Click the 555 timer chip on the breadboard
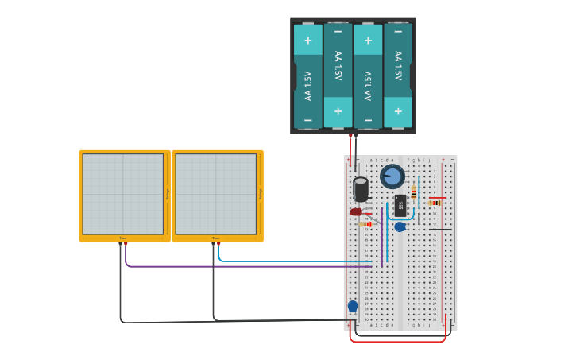400,205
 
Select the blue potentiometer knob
392,176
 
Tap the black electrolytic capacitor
361,189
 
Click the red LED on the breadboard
356,211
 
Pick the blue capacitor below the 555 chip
400,227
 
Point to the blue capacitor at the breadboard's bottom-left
353,306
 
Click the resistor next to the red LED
366,224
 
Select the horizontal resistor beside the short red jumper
434,203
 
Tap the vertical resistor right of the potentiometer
413,192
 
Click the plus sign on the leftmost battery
307,40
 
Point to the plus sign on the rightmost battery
398,111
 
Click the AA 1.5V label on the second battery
338,66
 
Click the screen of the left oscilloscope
122,194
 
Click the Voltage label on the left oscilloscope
168,194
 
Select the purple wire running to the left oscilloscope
238,266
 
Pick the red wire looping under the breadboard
397,342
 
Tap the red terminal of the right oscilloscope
218,244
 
